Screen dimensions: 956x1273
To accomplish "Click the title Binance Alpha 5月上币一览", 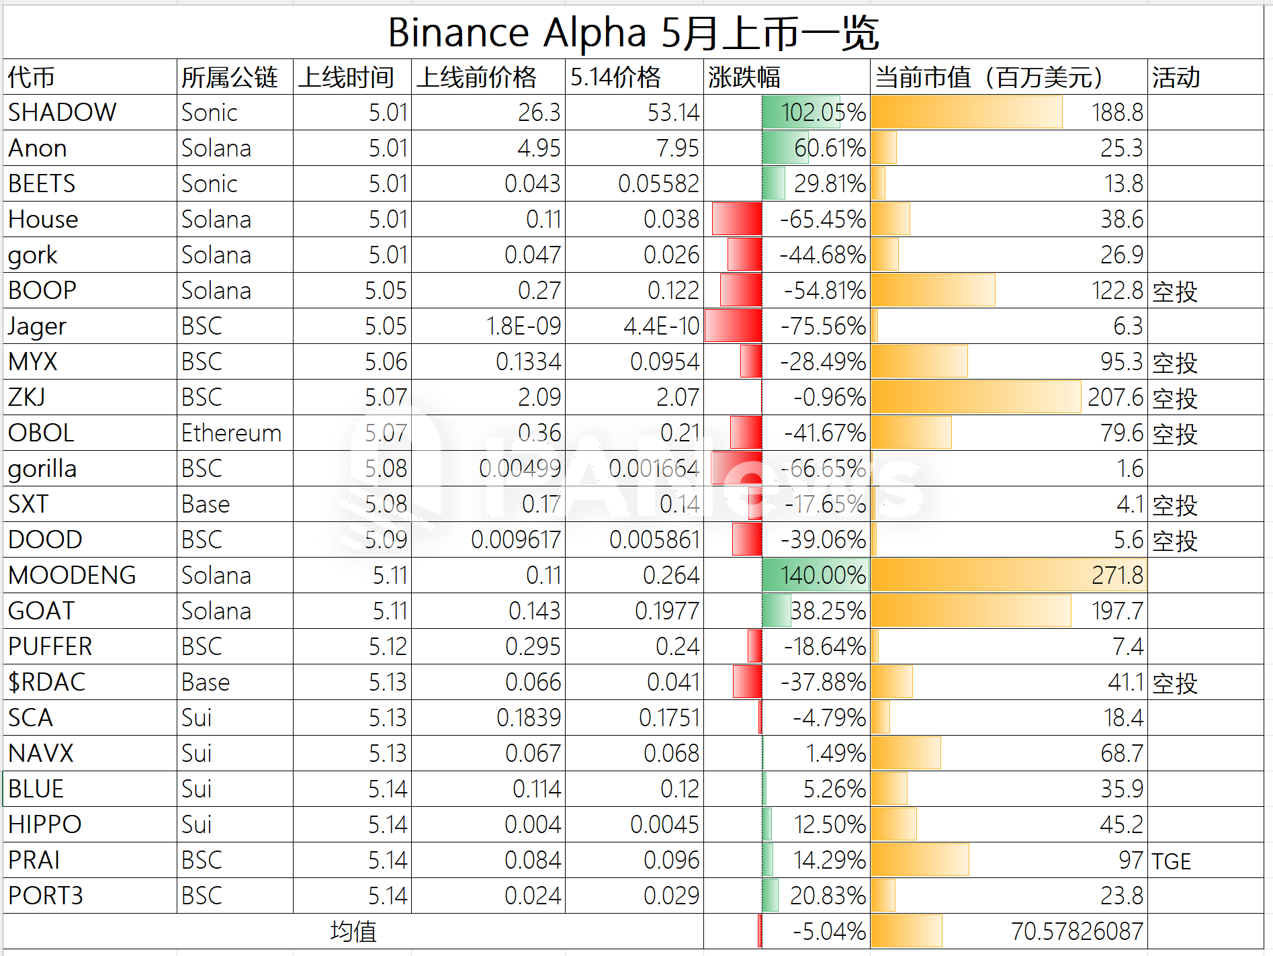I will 633,32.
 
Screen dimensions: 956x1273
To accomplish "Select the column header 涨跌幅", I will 744,77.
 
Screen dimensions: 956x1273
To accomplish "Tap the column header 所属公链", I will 229,77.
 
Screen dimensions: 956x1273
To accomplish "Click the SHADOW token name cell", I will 62,112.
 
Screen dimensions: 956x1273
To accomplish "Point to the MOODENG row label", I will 72,575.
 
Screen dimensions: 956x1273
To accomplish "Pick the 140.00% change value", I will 823,575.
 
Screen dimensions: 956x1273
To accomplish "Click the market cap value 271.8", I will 1117,575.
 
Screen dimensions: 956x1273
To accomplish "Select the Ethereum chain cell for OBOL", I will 231,433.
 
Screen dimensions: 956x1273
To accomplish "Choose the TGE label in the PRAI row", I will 1172,861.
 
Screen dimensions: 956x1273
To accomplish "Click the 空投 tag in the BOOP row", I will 1175,291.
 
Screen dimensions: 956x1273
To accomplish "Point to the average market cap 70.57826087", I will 1077,931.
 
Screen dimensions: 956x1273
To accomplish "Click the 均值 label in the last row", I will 353,931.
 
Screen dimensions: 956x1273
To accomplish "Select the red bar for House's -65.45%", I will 737,219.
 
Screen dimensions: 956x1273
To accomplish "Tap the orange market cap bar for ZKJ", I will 975,397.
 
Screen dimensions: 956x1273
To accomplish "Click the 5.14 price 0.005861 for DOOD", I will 654,539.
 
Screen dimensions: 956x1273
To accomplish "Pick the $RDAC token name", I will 47,682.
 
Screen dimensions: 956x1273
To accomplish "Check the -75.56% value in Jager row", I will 823,326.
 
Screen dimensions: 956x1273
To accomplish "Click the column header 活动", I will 1176,77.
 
